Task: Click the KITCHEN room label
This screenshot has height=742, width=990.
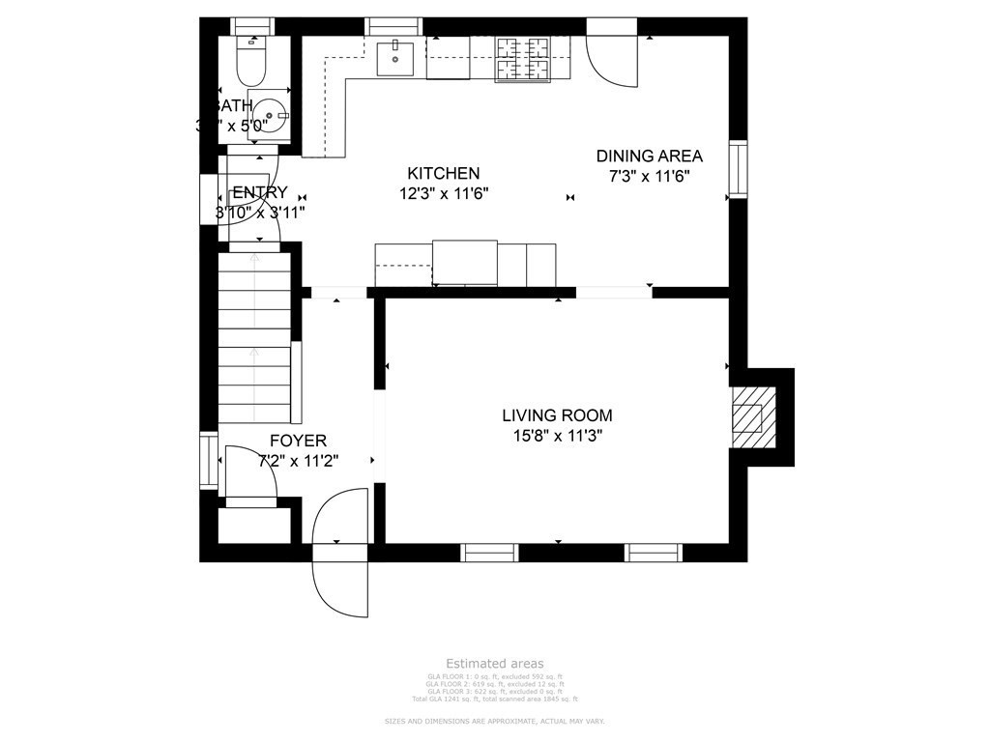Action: pyautogui.click(x=443, y=173)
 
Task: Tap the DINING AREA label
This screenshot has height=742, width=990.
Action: pyautogui.click(x=649, y=156)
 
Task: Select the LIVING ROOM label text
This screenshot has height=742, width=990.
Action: pyautogui.click(x=556, y=415)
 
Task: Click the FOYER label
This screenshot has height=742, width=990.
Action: pyautogui.click(x=298, y=441)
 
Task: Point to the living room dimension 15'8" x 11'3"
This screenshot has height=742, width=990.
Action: pyautogui.click(x=556, y=436)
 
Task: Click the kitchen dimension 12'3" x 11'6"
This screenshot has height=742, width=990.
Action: pyautogui.click(x=444, y=192)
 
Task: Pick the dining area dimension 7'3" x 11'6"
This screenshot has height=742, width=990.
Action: pyautogui.click(x=649, y=176)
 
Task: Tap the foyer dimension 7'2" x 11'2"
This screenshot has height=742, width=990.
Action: pyautogui.click(x=298, y=461)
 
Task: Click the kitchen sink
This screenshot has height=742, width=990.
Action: pyautogui.click(x=394, y=57)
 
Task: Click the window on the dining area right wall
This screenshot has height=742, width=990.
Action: pyautogui.click(x=738, y=169)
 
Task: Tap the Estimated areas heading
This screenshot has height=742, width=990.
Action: pyautogui.click(x=494, y=664)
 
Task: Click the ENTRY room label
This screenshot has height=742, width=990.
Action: pyautogui.click(x=260, y=192)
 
